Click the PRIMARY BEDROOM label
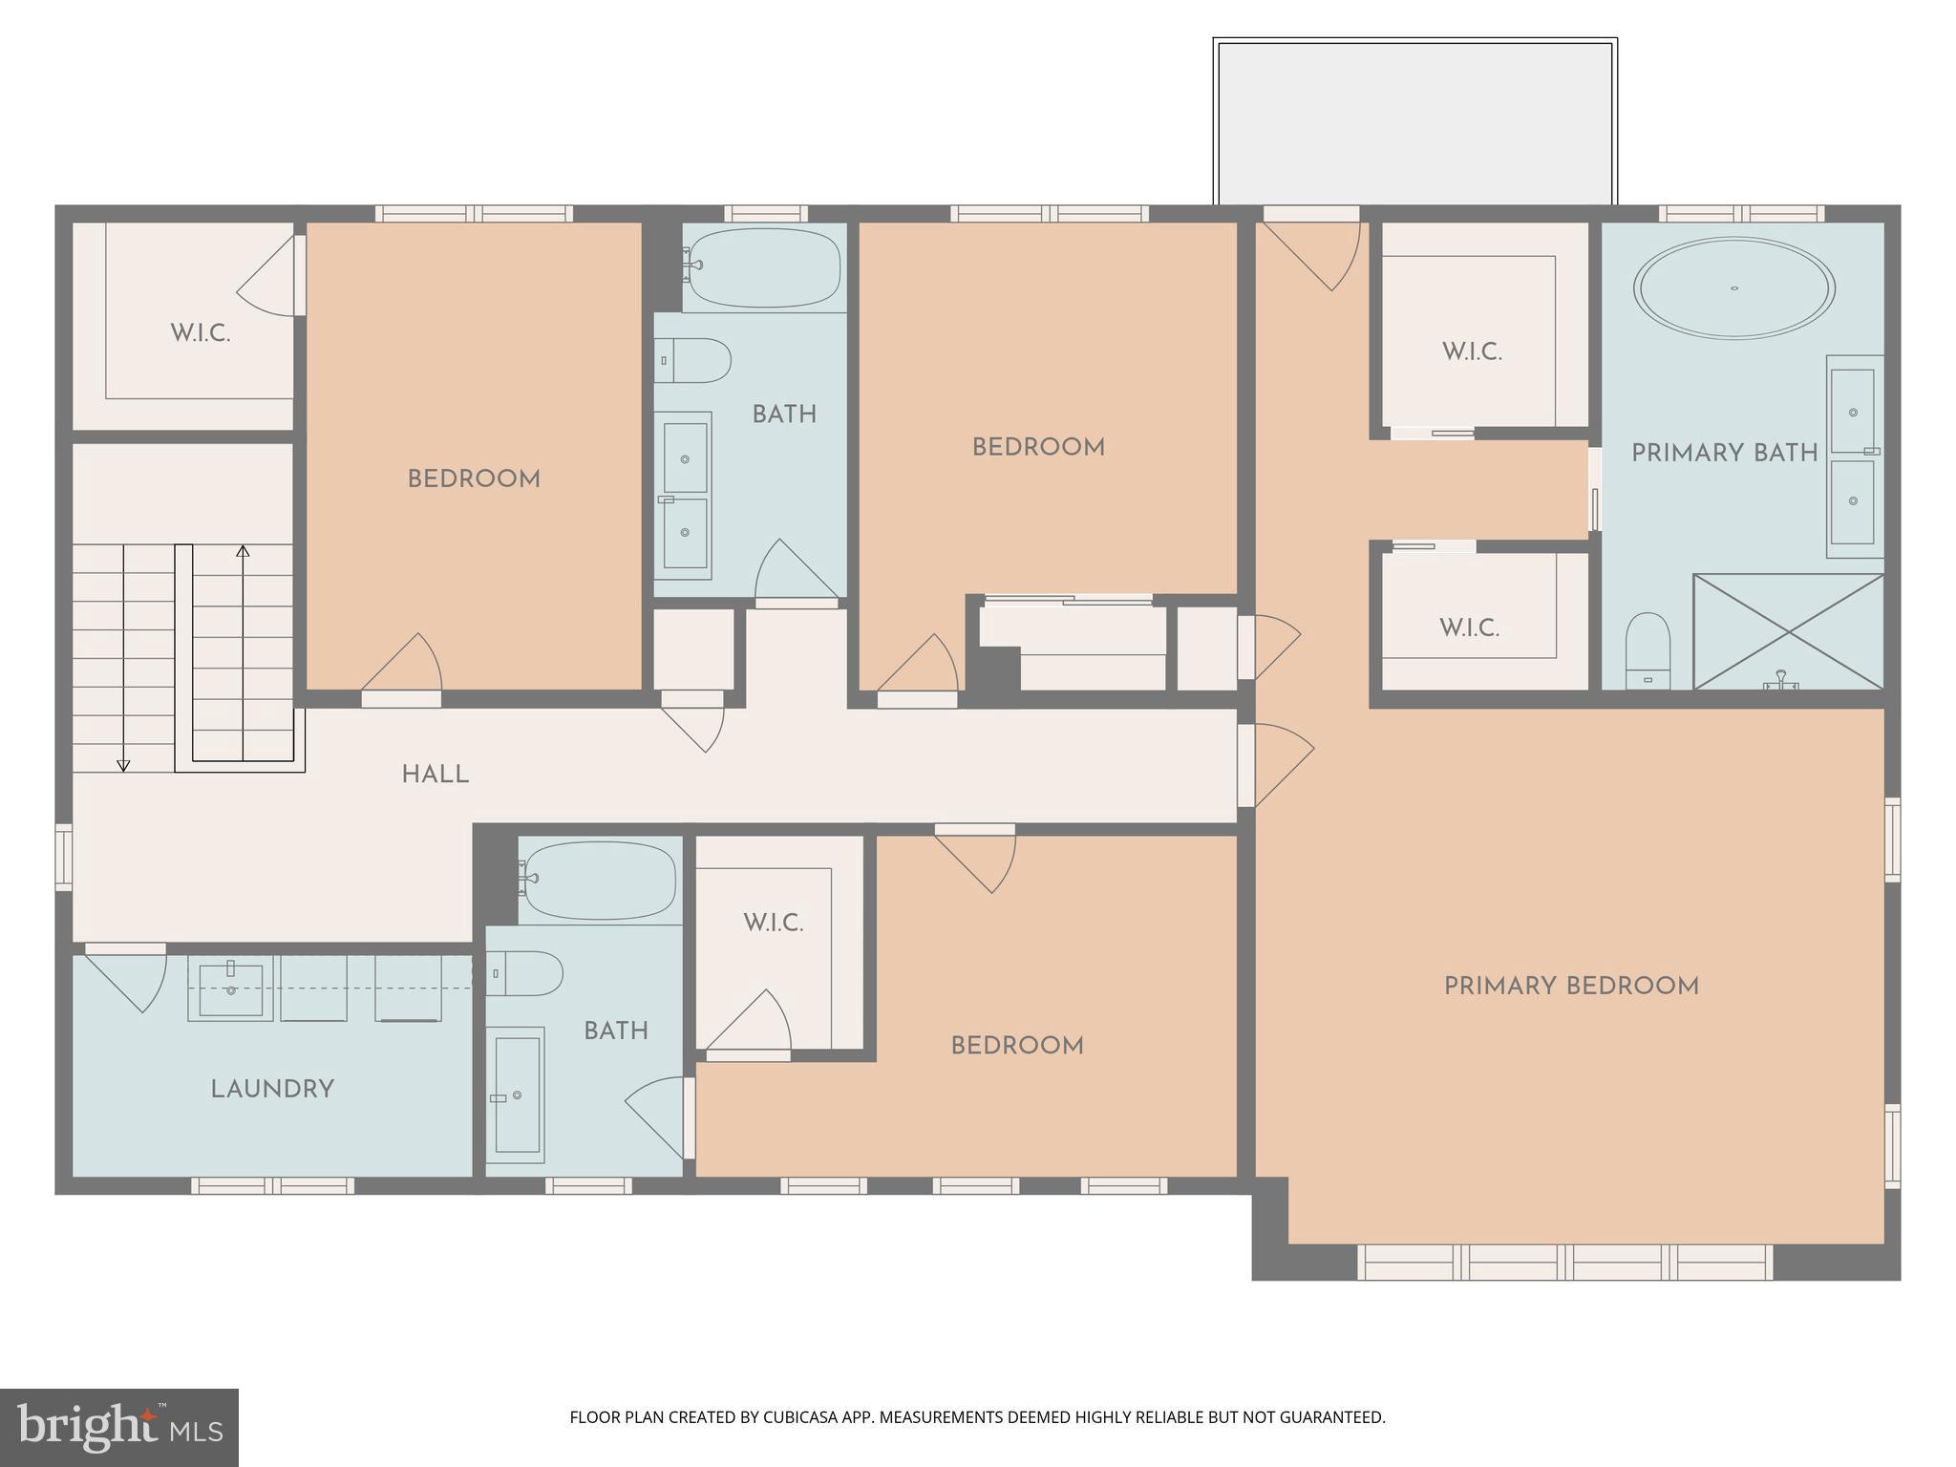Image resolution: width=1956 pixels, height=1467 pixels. (x=1570, y=987)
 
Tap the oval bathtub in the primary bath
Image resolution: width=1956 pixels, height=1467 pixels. (x=1733, y=287)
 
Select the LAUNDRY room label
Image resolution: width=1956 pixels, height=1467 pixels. (x=272, y=1090)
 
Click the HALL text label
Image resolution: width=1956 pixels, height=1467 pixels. (x=435, y=775)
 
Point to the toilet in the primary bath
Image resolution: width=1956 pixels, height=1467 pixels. (x=1648, y=650)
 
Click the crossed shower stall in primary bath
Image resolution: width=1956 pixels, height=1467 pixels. (x=1787, y=631)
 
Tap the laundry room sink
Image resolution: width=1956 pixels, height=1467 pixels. (x=230, y=989)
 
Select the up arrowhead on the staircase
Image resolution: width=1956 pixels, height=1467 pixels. (x=243, y=551)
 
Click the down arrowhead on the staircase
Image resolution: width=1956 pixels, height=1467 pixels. (x=123, y=765)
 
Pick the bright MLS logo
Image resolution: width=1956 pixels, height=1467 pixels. (x=118, y=1427)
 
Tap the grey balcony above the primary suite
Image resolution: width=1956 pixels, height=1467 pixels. (x=1414, y=121)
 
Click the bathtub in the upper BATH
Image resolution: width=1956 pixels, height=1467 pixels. (x=764, y=267)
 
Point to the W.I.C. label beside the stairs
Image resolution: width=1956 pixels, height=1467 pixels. (x=200, y=334)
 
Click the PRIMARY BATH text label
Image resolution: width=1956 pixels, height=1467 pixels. (x=1724, y=454)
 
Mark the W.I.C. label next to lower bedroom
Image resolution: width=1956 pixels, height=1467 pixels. (x=773, y=924)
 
